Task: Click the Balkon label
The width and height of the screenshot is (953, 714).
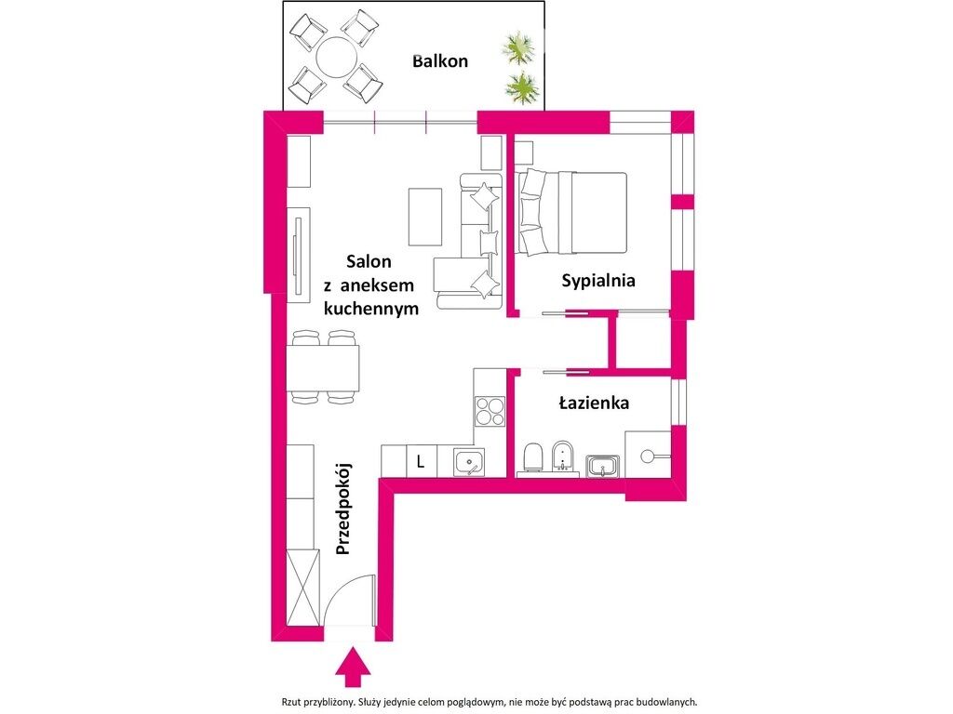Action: point(440,61)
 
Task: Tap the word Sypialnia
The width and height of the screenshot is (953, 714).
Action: point(598,281)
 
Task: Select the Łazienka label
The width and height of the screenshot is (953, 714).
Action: point(594,403)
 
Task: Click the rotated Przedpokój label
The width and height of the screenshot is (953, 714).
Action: point(343,509)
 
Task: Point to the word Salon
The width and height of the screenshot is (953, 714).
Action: point(369,261)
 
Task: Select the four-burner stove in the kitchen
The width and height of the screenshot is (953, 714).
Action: point(490,411)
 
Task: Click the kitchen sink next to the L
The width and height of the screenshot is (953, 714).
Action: point(469,463)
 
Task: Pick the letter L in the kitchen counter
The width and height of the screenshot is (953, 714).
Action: point(421,461)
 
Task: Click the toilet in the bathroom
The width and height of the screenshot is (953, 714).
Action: point(533,456)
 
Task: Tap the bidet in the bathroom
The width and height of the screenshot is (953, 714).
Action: point(563,456)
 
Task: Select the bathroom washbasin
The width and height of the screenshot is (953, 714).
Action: point(603,467)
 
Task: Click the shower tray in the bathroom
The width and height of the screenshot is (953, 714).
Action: point(648,455)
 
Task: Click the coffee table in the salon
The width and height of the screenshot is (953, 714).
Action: point(424,217)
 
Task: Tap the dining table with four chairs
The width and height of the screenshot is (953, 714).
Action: point(323,367)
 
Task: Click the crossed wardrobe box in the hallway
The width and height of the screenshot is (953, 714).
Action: point(302,587)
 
